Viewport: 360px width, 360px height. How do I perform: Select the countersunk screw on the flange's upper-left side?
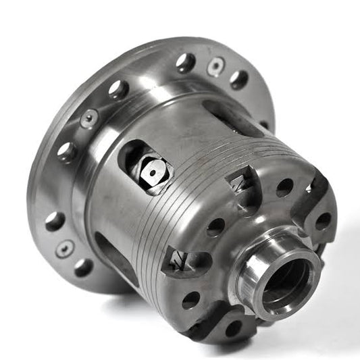pos(88,120)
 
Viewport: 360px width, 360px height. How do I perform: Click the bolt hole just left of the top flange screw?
pos(186,63)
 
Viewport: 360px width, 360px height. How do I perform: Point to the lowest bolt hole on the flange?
pos(83,267)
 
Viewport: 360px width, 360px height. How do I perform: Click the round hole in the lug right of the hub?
pos(324,221)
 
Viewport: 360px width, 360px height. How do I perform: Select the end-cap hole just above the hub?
pos(284,187)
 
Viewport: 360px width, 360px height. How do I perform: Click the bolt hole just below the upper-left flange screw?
pos(68,151)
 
